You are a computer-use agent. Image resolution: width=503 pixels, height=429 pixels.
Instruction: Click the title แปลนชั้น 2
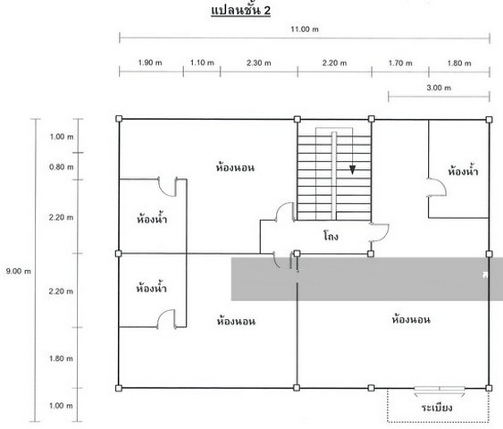pos(240,10)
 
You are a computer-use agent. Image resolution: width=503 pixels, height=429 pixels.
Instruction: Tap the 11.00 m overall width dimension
pos(305,29)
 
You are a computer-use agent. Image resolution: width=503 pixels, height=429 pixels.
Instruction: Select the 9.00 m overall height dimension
pos(19,271)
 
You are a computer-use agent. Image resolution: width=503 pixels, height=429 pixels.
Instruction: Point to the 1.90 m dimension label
pos(150,63)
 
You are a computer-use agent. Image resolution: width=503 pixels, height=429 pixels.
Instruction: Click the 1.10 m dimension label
pos(202,63)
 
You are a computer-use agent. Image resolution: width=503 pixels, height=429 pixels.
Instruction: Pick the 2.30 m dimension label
pos(259,63)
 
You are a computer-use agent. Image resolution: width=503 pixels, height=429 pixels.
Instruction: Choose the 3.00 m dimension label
pos(439,88)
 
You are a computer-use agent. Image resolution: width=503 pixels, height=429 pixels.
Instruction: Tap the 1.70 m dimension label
pos(400,63)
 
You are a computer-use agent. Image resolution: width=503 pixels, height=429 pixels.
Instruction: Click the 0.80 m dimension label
pos(62,167)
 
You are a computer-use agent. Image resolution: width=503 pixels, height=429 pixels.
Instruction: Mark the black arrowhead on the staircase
pos(353,170)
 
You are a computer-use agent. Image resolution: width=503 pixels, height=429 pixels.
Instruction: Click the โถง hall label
pos(331,236)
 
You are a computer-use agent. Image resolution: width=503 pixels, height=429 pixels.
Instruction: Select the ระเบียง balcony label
pos(437,408)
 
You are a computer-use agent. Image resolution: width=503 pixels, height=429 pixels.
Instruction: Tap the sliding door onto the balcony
pos(440,389)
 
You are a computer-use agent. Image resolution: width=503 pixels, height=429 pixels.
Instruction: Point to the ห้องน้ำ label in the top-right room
pos(463,171)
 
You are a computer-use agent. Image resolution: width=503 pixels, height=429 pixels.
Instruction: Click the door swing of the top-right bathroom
pos(437,187)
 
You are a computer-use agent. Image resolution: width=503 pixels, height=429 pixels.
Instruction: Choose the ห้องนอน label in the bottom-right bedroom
pos(411,319)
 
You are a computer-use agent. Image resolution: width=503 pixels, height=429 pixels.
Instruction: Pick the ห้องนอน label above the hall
pos(236,167)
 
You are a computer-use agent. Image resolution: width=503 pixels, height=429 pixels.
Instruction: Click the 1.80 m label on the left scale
pos(61,358)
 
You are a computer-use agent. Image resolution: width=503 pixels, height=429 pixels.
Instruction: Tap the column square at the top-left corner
pos(119,119)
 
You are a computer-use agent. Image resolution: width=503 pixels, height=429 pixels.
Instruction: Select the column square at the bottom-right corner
pos(489,388)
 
